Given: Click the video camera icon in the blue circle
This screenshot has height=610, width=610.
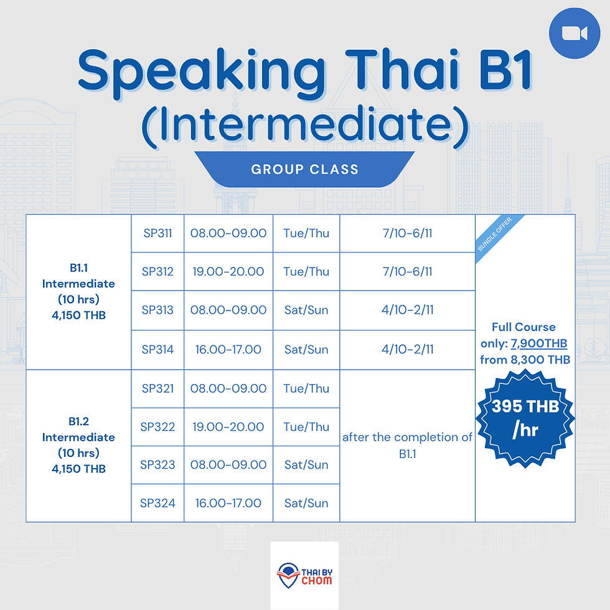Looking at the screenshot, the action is click(575, 34).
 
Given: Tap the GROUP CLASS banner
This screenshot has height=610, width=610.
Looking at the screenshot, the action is click(304, 169).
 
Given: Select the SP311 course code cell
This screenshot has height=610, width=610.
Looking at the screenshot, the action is click(157, 233).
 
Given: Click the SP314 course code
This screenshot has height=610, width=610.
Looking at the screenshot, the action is click(157, 349).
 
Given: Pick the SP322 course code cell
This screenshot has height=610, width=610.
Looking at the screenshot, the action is click(157, 427).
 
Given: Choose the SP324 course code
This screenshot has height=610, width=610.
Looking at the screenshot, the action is click(157, 503).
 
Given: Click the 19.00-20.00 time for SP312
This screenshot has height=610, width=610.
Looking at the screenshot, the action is click(228, 271).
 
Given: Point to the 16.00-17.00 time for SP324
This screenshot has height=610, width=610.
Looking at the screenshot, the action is click(228, 503).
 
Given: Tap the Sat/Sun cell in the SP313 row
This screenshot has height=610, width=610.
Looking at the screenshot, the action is click(306, 310).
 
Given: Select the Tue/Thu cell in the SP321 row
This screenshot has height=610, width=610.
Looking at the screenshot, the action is click(306, 388).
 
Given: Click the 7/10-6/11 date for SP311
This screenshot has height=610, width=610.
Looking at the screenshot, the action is click(407, 233).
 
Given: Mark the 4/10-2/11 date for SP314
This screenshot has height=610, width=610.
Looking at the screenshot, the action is click(407, 349).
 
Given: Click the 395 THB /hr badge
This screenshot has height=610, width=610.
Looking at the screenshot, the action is click(525, 418).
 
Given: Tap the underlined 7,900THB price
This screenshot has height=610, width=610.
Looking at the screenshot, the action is click(539, 344).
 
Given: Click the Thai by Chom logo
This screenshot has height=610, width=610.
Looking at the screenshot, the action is click(304, 575).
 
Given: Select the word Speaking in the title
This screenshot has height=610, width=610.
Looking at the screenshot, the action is click(202, 73).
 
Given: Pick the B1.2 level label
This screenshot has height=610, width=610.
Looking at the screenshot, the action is click(78, 421).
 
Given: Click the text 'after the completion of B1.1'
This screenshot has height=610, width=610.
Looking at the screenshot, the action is click(407, 446).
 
